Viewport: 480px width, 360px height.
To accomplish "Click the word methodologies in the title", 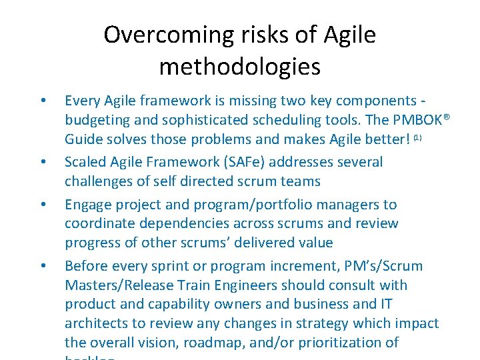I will coord(240,67).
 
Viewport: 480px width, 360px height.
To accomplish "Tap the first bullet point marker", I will coord(43,101).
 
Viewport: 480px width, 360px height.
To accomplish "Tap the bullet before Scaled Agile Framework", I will coord(43,163).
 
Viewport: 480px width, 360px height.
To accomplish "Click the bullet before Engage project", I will coord(43,205).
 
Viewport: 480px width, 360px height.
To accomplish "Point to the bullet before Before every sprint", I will coord(43,267).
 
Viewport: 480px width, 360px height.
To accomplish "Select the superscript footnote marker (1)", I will coord(417,137).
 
